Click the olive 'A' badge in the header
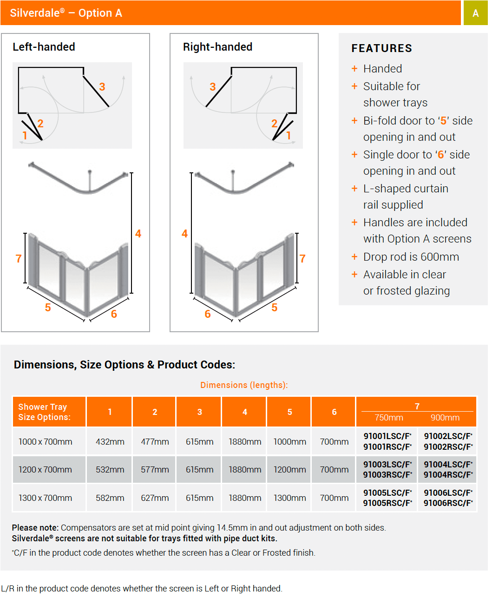pos(475,13)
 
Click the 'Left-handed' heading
pos(44,47)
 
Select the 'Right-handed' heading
pos(217,47)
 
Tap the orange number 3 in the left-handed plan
pos(102,87)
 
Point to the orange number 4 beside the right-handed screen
pos(184,234)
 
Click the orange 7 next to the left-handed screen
pos(19,259)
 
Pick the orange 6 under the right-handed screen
pos(208,314)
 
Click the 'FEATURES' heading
pos(381,48)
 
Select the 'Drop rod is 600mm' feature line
pos(411,257)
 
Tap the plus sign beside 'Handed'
pos(355,69)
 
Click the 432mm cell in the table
pos(110,442)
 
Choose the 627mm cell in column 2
pos(155,498)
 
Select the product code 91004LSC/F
pos(448,464)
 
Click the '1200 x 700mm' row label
pos(45,470)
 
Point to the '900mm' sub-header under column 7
pos(445,418)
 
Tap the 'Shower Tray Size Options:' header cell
pos(45,412)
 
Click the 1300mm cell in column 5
pos(289,498)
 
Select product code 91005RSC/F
pos(387,503)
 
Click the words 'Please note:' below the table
pos(35,528)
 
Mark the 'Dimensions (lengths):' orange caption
pos(244,385)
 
